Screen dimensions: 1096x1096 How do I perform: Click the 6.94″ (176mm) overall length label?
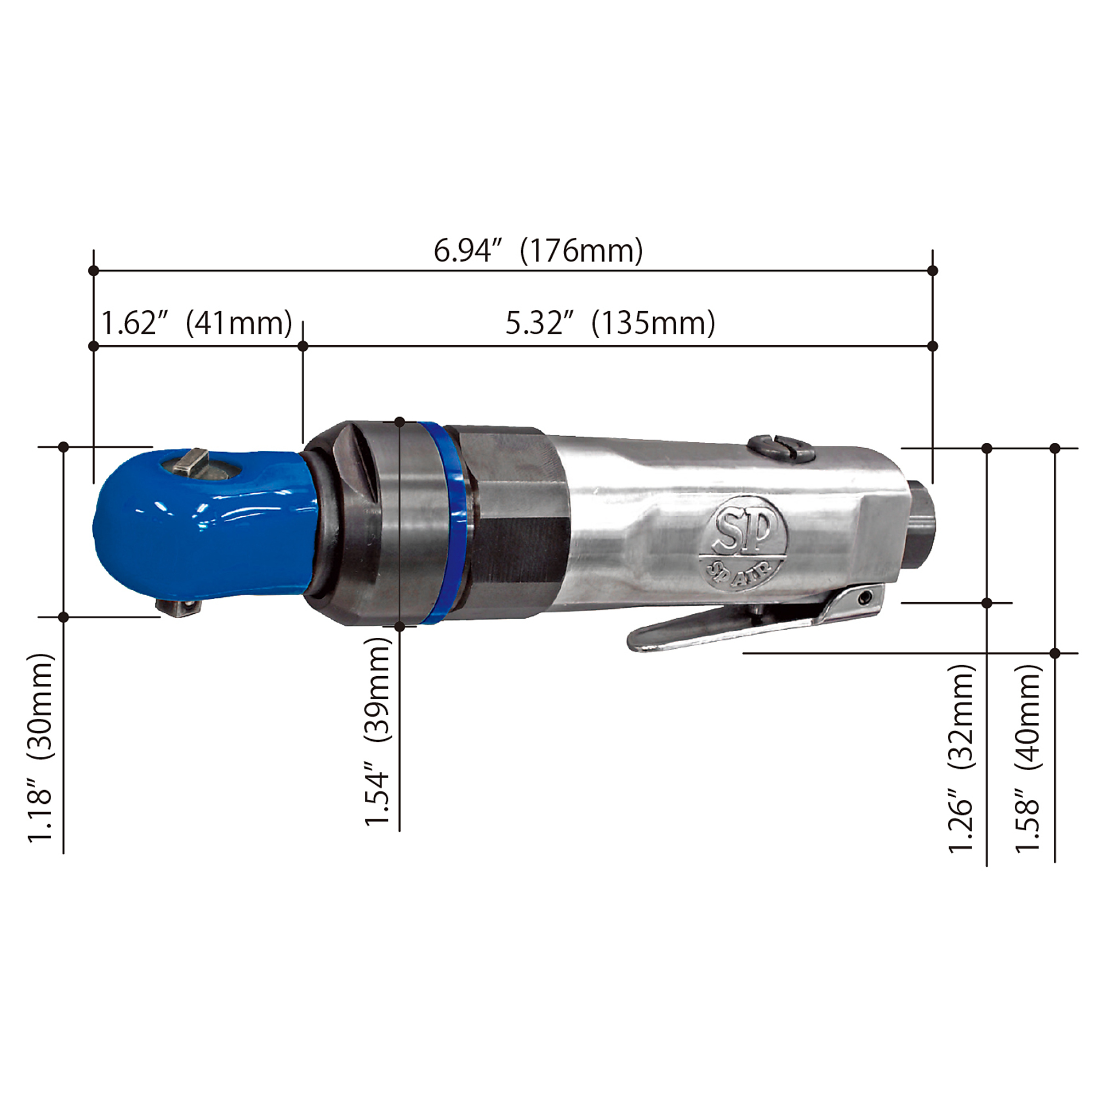tap(538, 250)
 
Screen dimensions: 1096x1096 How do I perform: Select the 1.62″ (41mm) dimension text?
tap(196, 323)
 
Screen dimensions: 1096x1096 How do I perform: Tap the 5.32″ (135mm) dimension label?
tap(610, 323)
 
